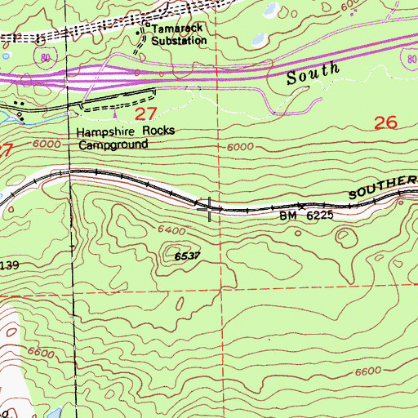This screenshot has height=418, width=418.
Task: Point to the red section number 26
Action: pos(385,123)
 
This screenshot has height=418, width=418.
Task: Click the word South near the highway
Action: pos(313,76)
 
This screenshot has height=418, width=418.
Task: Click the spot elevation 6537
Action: pos(186,256)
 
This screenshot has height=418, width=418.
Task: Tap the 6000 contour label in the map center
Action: pos(241,147)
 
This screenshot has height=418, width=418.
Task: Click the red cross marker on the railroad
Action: pos(211,209)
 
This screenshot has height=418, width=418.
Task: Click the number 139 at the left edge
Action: pos(10,266)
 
